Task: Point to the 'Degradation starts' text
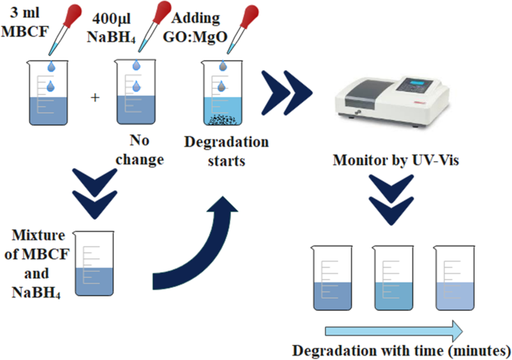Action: pyautogui.click(x=226, y=150)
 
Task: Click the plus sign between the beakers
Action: pyautogui.click(x=94, y=98)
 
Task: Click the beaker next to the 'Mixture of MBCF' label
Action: pyautogui.click(x=96, y=264)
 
